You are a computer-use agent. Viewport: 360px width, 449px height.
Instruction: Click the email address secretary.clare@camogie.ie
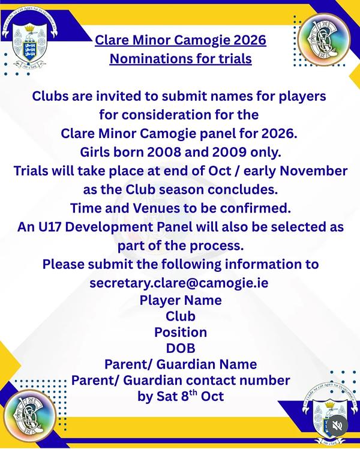click(179, 283)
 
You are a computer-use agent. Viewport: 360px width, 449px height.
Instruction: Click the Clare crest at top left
click(29, 38)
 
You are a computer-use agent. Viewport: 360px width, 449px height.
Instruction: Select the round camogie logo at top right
click(323, 40)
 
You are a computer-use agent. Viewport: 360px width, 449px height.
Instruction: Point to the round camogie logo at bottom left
click(30, 417)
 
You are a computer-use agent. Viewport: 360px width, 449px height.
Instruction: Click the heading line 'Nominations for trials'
click(181, 59)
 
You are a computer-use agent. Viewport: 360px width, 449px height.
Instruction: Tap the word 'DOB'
click(181, 348)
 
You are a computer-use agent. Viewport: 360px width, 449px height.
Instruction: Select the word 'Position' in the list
click(181, 332)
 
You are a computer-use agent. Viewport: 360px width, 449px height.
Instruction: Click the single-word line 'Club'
click(181, 316)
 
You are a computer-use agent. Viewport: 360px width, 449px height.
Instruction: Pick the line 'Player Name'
click(181, 300)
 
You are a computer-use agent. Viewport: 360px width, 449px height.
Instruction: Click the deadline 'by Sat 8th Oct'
click(181, 396)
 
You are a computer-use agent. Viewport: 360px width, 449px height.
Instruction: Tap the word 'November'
click(313, 171)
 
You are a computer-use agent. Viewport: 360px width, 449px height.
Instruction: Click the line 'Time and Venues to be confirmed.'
click(181, 208)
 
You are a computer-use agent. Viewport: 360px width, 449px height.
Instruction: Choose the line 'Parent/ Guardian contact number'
click(181, 381)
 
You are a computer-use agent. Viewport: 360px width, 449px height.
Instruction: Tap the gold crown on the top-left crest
click(29, 28)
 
